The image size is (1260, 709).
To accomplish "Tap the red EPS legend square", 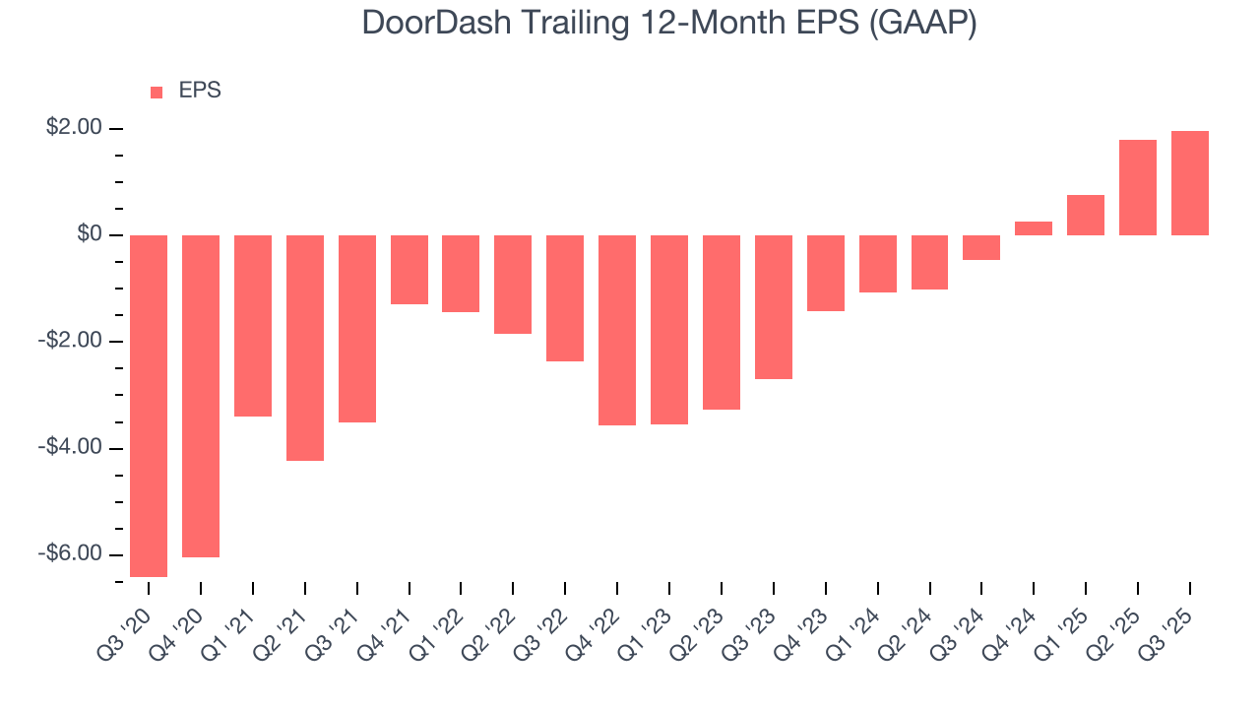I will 157,92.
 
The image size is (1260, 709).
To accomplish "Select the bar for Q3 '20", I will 149,406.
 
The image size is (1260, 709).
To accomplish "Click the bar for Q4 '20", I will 201,396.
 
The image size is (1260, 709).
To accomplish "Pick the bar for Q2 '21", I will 305,348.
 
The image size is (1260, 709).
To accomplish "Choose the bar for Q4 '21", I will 409,270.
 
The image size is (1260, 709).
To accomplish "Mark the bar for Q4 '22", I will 617,330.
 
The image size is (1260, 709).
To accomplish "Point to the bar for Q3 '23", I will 774,307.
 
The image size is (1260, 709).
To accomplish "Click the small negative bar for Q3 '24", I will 981,247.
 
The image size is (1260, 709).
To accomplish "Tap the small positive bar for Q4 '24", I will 1034,228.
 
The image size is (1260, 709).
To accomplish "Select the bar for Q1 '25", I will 1086,215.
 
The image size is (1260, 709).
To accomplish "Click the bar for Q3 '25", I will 1189,183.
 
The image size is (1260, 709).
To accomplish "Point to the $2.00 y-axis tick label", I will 74,128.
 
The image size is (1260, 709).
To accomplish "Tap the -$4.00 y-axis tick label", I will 70,447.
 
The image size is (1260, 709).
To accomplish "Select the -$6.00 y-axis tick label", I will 70,553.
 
